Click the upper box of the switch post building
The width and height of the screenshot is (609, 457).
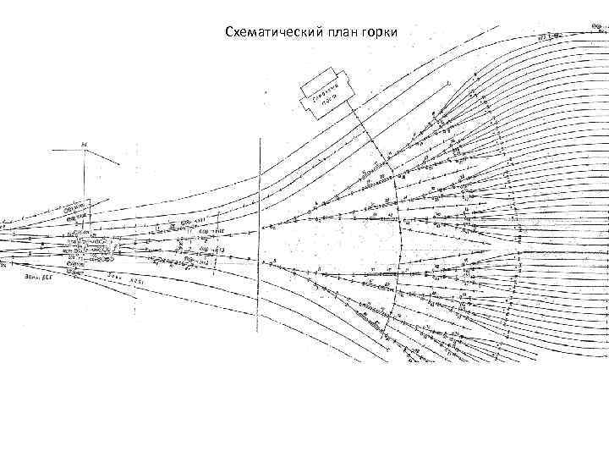coord(323,82)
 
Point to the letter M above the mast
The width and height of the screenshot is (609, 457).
coord(84,144)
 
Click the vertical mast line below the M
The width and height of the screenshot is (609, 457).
coord(84,182)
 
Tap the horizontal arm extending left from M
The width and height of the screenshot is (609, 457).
coord(68,150)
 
